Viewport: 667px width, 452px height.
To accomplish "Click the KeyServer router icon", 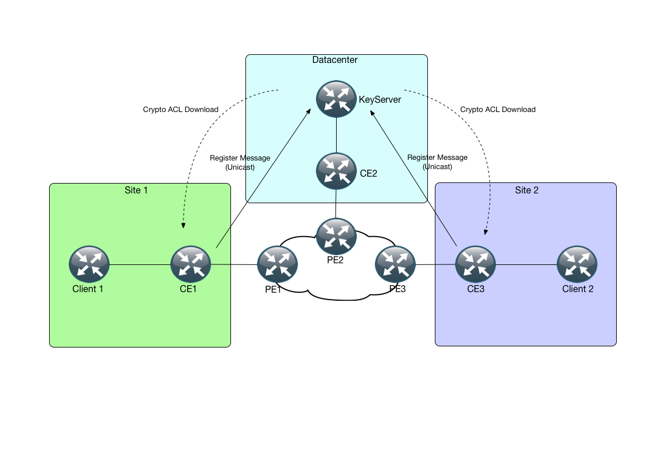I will tap(336, 99).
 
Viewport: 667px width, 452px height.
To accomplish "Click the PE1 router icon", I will tap(277, 265).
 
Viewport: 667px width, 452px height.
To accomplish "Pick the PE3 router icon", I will tap(396, 265).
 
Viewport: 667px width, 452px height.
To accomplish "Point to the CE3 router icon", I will tap(476, 265).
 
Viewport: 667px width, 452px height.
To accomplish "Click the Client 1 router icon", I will tap(89, 265).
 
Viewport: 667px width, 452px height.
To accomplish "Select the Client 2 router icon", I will tap(577, 265).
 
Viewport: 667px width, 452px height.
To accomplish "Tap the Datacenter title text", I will tap(335, 60).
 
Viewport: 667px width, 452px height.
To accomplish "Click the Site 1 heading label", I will tap(136, 190).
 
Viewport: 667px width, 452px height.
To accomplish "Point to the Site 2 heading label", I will tap(527, 190).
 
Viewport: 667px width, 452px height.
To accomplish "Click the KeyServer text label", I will tap(380, 100).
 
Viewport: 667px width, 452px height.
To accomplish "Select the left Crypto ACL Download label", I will tap(181, 109).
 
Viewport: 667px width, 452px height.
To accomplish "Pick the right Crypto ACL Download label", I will tap(498, 109).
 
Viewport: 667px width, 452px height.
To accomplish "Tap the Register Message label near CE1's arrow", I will tap(240, 162).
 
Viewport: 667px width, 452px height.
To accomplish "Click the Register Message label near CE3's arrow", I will tap(437, 162).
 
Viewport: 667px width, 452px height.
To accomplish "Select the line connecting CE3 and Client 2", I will tap(526, 266).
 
